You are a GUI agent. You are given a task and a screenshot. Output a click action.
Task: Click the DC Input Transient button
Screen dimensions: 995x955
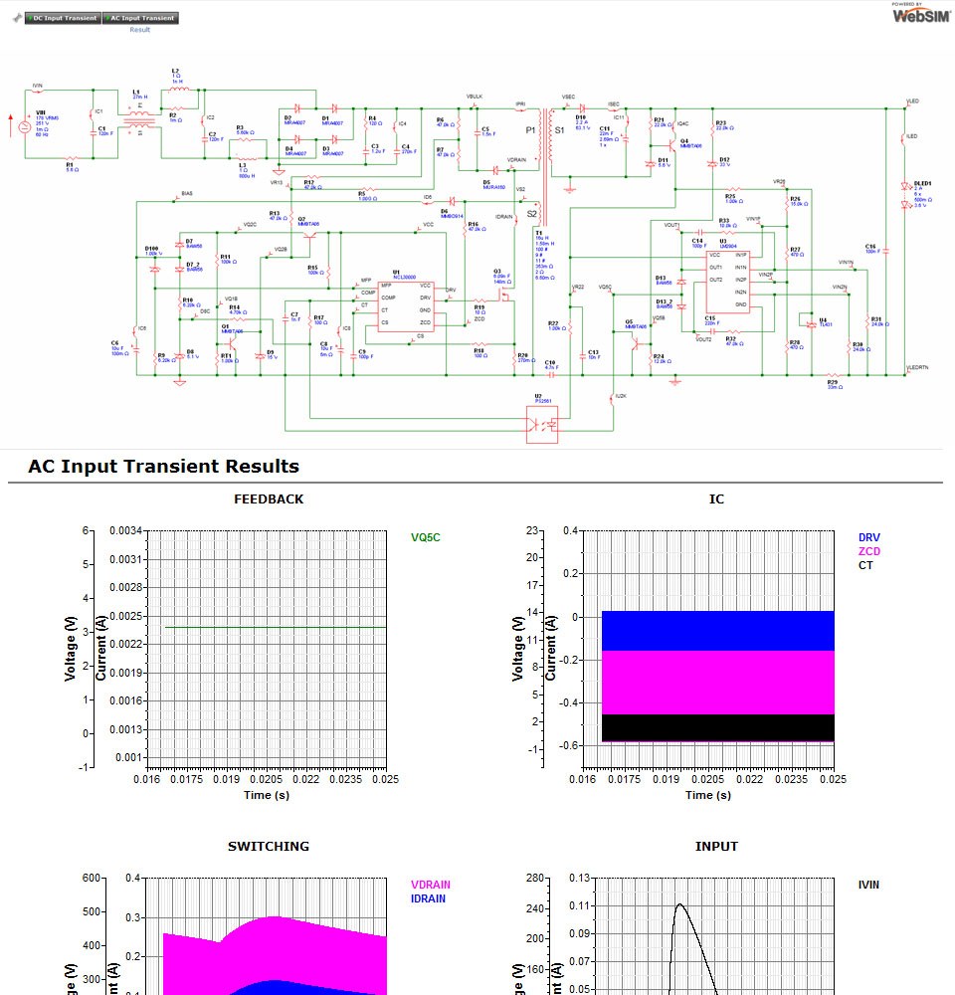(64, 18)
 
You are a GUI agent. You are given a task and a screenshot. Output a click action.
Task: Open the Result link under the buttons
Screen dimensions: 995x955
(139, 30)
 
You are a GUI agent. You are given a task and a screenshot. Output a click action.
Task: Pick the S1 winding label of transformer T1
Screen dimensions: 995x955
(559, 130)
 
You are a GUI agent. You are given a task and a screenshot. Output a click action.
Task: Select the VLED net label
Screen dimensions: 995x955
(913, 101)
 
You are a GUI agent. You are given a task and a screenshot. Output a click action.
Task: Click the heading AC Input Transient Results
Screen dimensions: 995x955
(163, 466)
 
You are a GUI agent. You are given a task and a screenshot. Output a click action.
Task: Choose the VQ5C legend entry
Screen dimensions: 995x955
(425, 537)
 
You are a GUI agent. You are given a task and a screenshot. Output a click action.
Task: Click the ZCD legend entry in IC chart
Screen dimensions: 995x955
(868, 551)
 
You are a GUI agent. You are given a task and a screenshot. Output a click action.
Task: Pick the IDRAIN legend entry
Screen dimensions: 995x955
(428, 898)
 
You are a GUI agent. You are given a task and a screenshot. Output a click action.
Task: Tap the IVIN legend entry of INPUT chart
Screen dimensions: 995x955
(868, 885)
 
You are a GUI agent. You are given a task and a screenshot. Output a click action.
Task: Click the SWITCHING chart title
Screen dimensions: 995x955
(269, 846)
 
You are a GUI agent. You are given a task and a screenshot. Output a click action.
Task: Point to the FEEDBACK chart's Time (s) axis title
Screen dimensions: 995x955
(269, 795)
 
